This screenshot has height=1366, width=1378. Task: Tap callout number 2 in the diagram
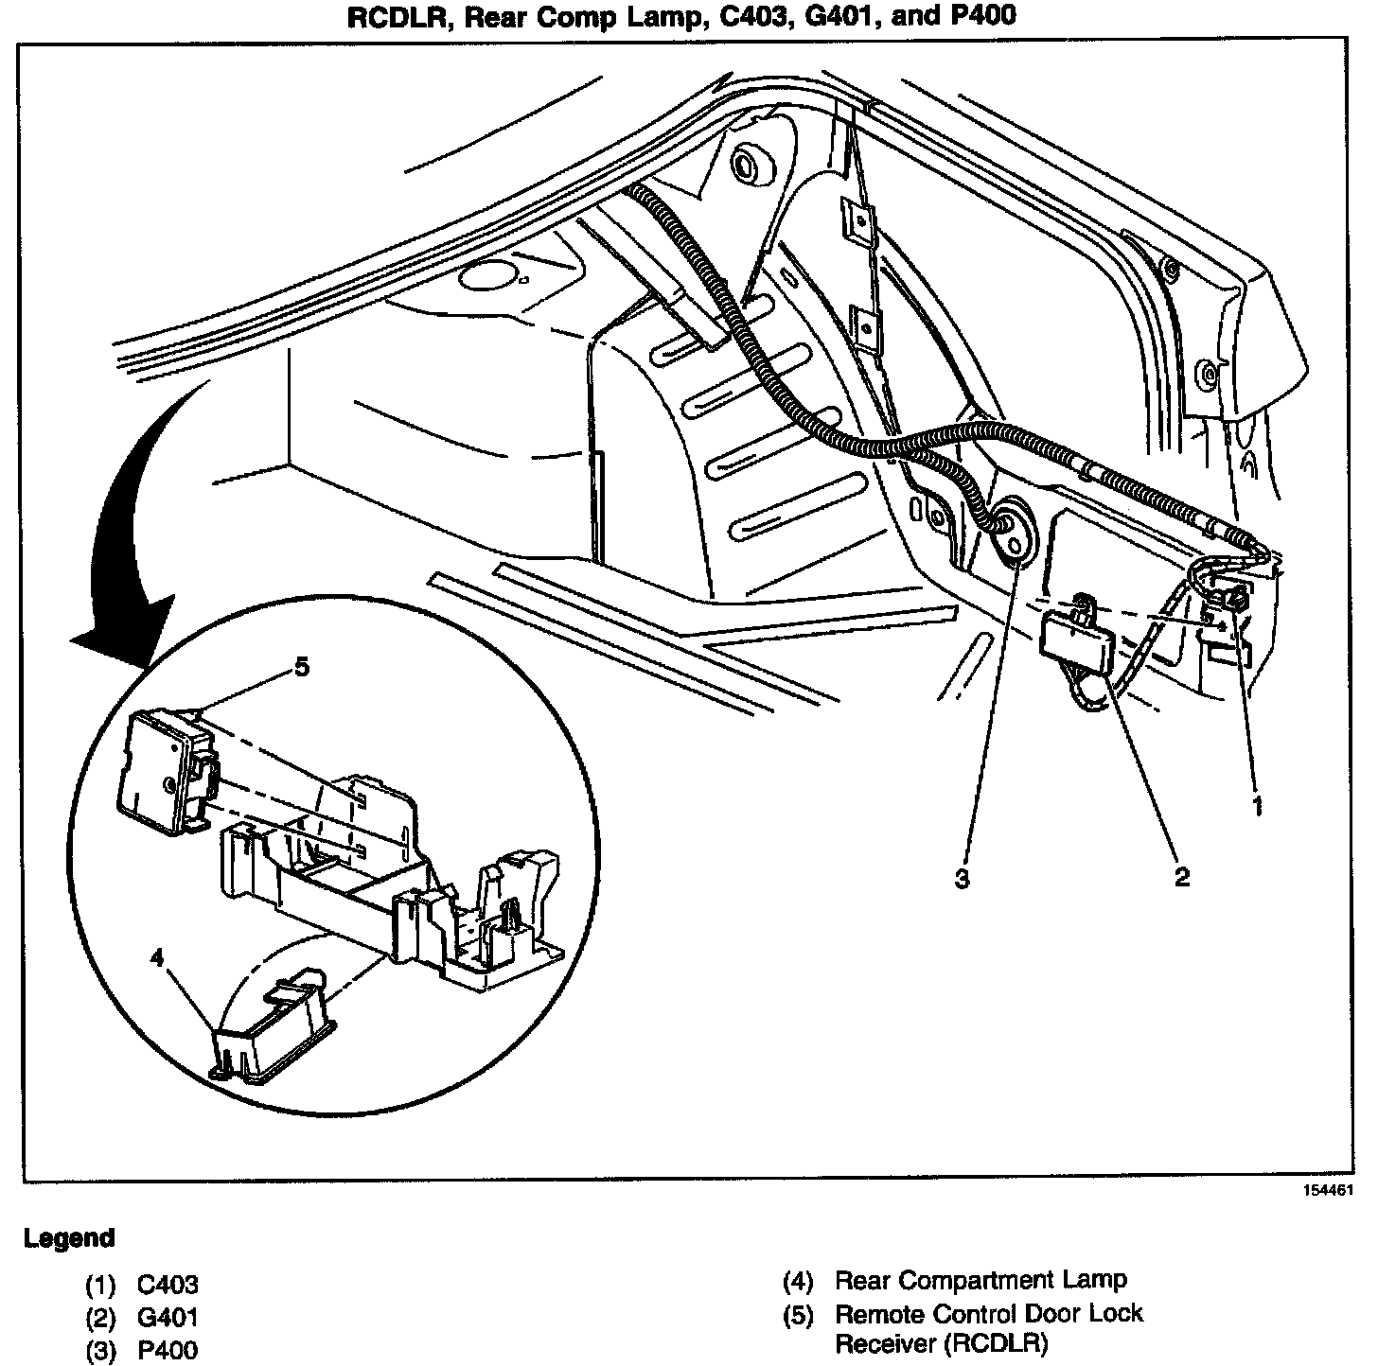pyautogui.click(x=1181, y=877)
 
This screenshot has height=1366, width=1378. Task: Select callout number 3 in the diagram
pyautogui.click(x=962, y=879)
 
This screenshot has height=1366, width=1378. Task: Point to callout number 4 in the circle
pyautogui.click(x=156, y=957)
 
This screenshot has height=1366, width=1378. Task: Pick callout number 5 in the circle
pyautogui.click(x=301, y=667)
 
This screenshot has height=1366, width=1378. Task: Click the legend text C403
pyautogui.click(x=168, y=1284)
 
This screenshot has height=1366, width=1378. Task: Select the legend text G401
pyautogui.click(x=168, y=1317)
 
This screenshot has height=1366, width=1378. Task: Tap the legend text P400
pyautogui.click(x=168, y=1350)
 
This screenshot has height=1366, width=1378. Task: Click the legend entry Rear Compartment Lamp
pyautogui.click(x=980, y=1281)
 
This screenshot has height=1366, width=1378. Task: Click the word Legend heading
pyautogui.click(x=69, y=1237)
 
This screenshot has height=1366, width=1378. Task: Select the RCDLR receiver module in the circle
pyautogui.click(x=165, y=771)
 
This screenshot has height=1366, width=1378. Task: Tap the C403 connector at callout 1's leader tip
pyautogui.click(x=1234, y=602)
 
